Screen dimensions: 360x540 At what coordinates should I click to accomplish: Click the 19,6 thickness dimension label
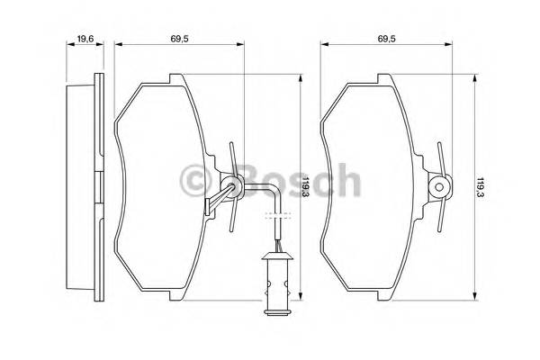click(x=85, y=38)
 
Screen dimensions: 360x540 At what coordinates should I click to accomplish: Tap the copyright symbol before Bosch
click(x=198, y=181)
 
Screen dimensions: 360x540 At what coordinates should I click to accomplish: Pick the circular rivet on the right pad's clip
click(x=439, y=187)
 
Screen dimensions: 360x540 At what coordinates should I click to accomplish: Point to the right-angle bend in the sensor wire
click(x=273, y=187)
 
